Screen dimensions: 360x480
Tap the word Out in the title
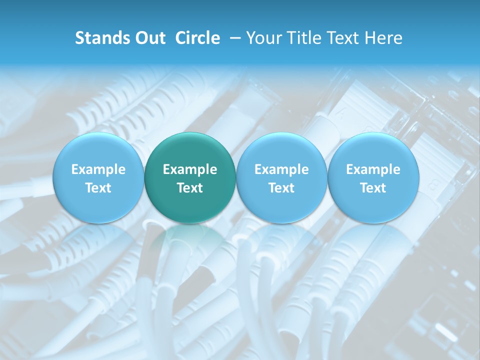[x=150, y=38]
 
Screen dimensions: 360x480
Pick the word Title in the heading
[x=303, y=38]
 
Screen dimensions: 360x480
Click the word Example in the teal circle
[x=190, y=169]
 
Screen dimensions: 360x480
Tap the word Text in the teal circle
[x=190, y=188]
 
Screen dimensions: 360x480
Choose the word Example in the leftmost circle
[x=98, y=169]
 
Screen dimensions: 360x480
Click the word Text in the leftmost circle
[x=98, y=188]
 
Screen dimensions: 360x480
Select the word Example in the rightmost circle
[x=373, y=169]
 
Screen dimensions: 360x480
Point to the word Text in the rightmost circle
[x=373, y=188]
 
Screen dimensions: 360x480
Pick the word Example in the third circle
[x=281, y=169]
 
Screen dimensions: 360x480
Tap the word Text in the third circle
[x=281, y=188]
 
